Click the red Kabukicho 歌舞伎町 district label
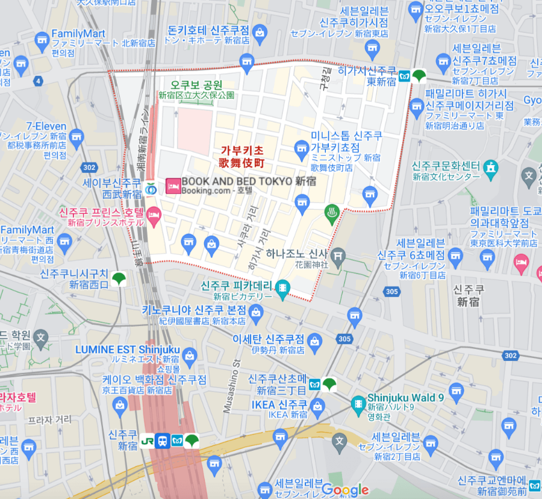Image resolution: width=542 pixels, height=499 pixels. click(241, 157)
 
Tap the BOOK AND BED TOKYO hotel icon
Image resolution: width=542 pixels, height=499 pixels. click(173, 185)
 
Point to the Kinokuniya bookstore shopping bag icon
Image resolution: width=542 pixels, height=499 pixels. click(257, 312)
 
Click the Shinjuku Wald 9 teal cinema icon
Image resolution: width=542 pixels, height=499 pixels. click(358, 403)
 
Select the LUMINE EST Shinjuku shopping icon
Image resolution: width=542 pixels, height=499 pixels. click(190, 355)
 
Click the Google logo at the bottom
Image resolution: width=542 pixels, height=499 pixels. click(344, 489)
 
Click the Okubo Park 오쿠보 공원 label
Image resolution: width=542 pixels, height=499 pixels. click(196, 85)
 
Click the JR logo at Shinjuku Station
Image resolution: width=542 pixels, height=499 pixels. click(146, 440)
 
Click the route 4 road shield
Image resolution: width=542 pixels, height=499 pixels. click(39, 81)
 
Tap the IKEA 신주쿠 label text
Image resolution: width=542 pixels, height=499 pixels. click(280, 404)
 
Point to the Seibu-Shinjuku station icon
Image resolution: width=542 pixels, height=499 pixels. click(151, 188)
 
